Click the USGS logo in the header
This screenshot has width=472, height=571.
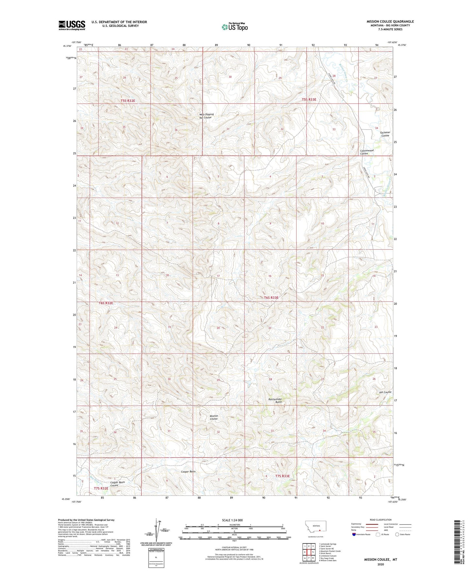coord(72,25)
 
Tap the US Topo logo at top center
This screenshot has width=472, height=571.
coord(235,26)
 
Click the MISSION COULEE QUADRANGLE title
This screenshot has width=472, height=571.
coord(390,22)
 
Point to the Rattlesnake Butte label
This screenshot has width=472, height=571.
coord(275,401)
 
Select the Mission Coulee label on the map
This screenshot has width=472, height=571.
coord(214,417)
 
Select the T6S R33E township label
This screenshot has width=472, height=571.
coord(271,298)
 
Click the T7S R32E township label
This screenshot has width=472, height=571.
coord(101,488)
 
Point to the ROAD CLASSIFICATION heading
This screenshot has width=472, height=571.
coord(381,520)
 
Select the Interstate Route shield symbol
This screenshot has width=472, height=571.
coord(354,534)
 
